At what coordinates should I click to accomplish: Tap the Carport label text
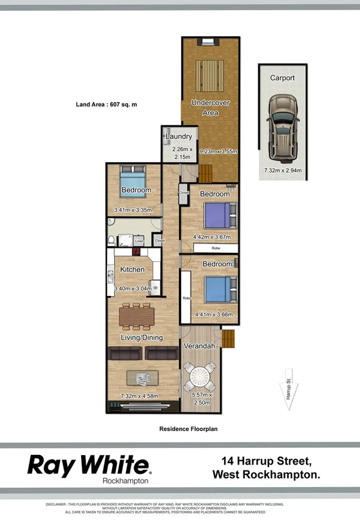point(282,78)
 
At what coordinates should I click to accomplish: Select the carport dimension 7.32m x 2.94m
point(282,171)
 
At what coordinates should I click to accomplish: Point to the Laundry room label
point(178,136)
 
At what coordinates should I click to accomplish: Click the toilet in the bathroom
point(113,241)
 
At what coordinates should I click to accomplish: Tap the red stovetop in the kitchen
point(137,252)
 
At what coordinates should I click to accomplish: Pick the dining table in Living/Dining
point(137,316)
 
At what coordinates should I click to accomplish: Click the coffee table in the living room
point(142,377)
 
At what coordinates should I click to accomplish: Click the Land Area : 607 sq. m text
point(107,104)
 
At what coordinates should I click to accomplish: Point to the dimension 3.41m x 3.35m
point(132,210)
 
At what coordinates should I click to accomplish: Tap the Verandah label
point(200,346)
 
